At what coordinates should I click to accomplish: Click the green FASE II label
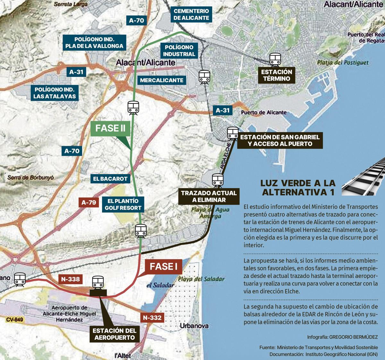point(110,128)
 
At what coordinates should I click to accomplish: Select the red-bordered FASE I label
point(163,267)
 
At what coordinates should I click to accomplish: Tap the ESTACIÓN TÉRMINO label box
point(276,75)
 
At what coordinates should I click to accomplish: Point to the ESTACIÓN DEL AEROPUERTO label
point(115,334)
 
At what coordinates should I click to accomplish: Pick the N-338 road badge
point(70,279)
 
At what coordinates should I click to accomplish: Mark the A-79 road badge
point(89,203)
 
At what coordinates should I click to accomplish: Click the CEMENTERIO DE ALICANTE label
point(191,14)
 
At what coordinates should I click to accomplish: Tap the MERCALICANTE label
point(161,80)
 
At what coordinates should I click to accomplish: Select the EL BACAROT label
point(110,179)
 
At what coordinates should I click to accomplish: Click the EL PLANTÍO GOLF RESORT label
point(123,205)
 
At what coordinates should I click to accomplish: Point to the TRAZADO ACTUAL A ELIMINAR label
point(209,196)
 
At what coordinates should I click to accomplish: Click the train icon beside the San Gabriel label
point(232,133)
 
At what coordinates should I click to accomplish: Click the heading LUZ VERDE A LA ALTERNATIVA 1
point(298,188)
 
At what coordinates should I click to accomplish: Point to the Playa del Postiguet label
point(343,63)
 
